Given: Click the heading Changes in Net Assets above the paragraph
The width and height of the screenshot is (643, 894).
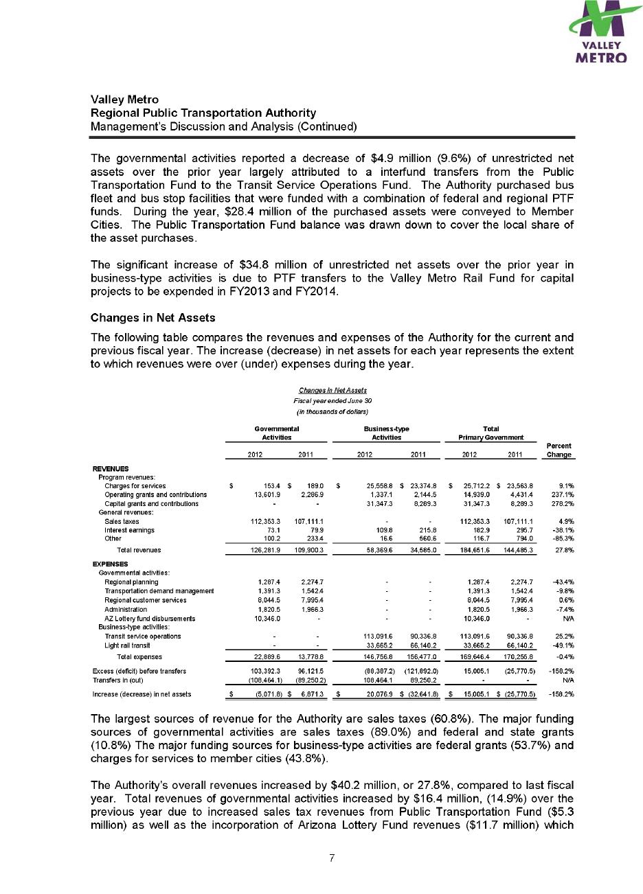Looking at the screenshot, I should [153, 318].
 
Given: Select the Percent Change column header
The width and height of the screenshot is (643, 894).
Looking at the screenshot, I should [559, 450].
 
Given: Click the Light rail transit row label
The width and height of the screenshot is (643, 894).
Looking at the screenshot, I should [128, 645].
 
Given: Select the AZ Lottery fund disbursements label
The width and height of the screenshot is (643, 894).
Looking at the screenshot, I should [150, 619].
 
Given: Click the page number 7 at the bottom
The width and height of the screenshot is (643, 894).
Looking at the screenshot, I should [332, 858].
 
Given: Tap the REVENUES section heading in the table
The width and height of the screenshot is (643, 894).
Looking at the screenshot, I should [110, 468].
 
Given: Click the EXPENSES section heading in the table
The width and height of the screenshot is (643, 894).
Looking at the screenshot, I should [110, 564].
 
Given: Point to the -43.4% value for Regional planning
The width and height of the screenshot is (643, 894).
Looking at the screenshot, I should [563, 582].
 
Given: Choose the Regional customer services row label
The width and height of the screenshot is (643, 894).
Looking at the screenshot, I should [145, 600].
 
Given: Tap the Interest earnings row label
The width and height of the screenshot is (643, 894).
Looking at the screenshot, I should [129, 530].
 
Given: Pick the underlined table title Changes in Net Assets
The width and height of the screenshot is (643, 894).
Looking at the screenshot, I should [332, 391].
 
